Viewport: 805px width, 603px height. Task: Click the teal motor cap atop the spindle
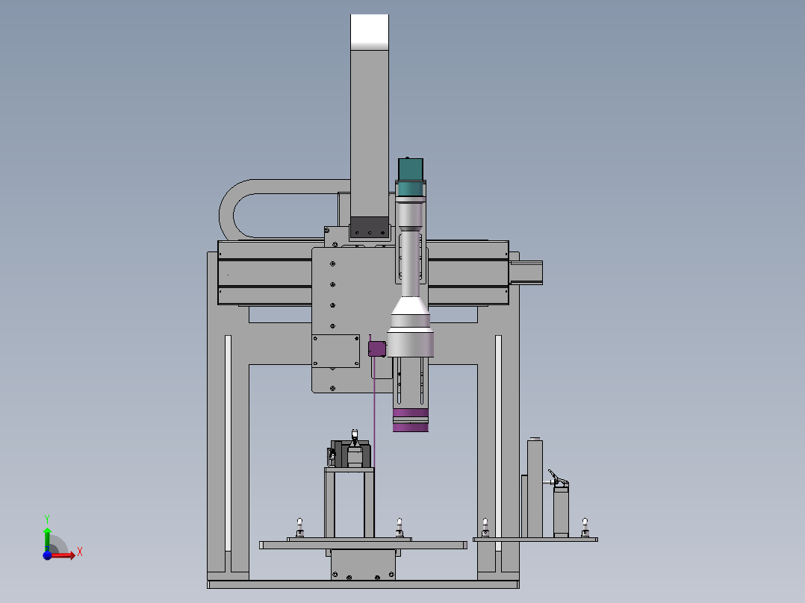coord(411,176)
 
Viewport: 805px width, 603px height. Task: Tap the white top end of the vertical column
coord(370,32)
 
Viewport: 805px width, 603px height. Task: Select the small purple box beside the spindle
coord(377,349)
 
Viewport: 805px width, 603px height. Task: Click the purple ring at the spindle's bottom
coord(411,420)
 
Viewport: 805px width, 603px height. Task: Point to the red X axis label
coord(80,552)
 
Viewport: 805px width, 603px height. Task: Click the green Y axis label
coord(47,519)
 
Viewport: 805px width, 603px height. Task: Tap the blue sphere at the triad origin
coord(47,555)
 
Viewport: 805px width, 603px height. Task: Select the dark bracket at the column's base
coord(370,228)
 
